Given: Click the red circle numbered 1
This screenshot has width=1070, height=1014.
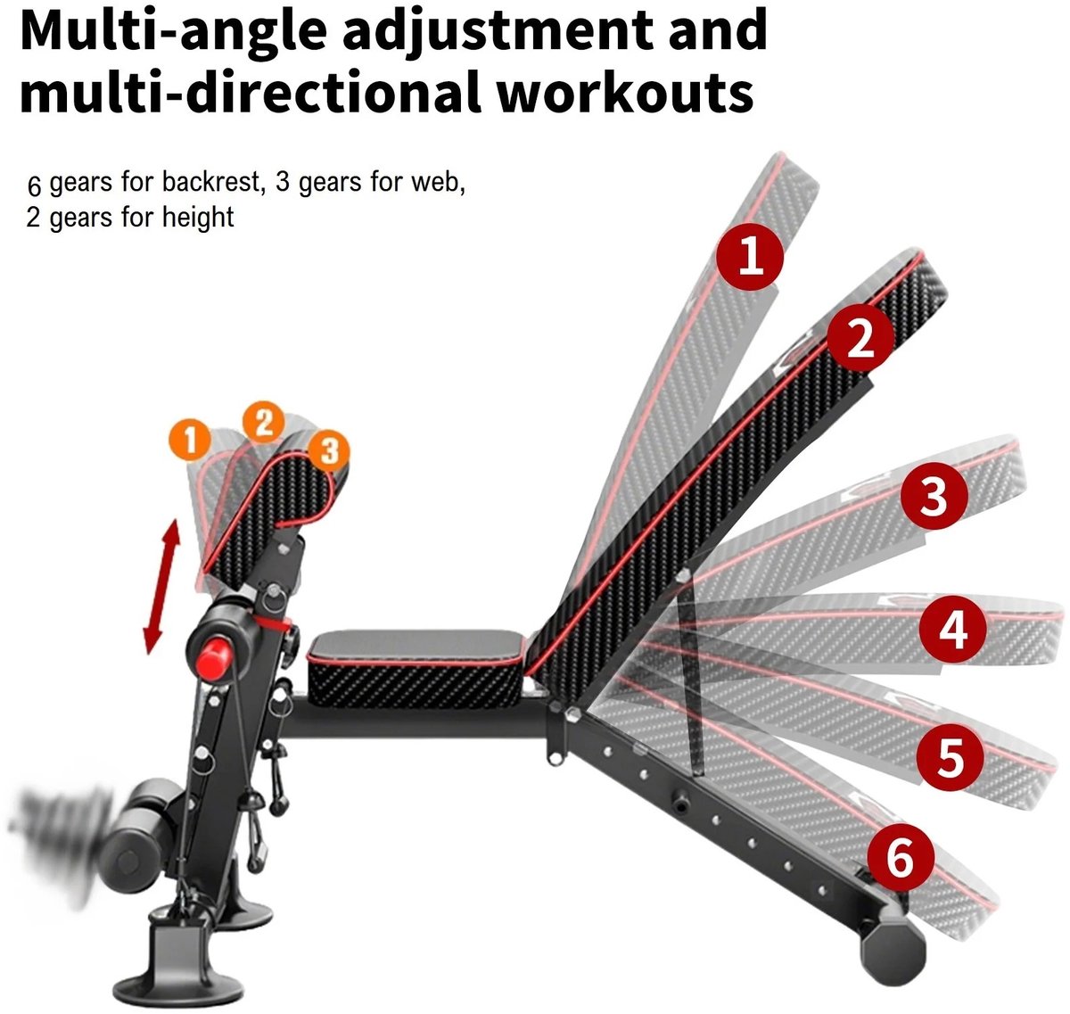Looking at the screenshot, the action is (749, 256).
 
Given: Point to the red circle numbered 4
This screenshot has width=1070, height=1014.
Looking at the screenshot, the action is (952, 629).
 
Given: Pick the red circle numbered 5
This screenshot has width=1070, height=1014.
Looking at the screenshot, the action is (951, 756).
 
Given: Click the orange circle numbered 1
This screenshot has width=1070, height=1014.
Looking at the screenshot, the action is (190, 439).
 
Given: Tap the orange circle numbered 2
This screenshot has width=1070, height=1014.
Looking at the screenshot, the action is (263, 422).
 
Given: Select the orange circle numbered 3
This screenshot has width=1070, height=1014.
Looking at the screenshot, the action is (328, 451).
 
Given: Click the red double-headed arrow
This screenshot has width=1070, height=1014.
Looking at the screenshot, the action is (161, 587).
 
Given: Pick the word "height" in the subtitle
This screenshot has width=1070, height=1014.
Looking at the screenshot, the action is (198, 218).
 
